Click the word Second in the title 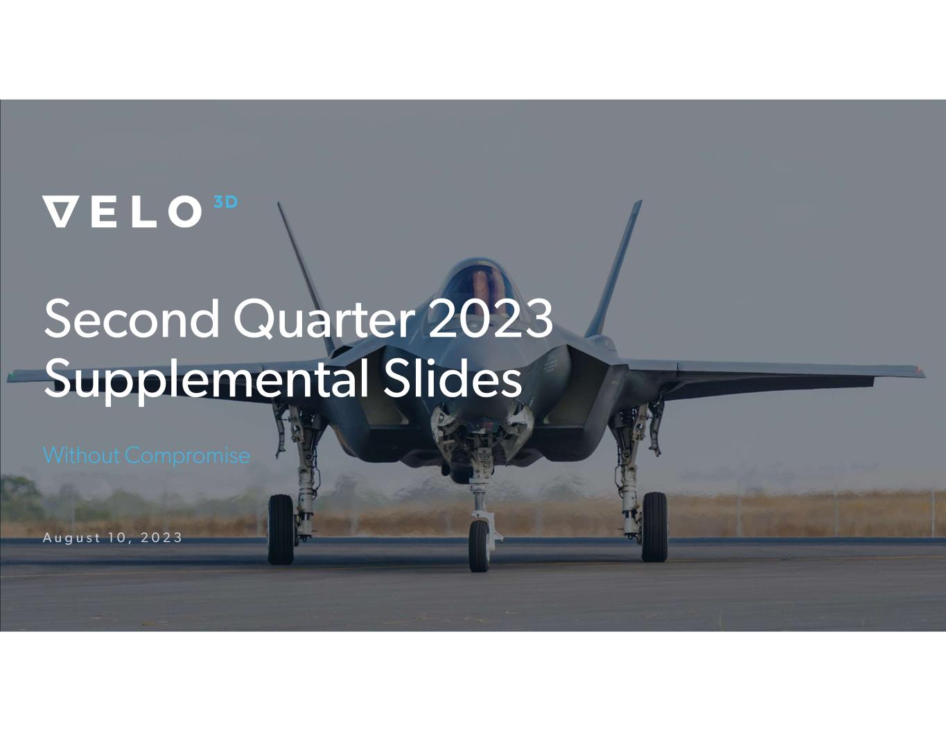coord(132,318)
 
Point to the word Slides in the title coord(453,377)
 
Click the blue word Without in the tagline coord(81,455)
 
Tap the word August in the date coord(72,538)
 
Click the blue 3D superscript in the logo coord(226,202)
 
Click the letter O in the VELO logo coord(185,211)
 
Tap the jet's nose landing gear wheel coord(479,545)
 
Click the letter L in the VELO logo coord(143,212)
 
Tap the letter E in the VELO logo coord(104,212)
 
